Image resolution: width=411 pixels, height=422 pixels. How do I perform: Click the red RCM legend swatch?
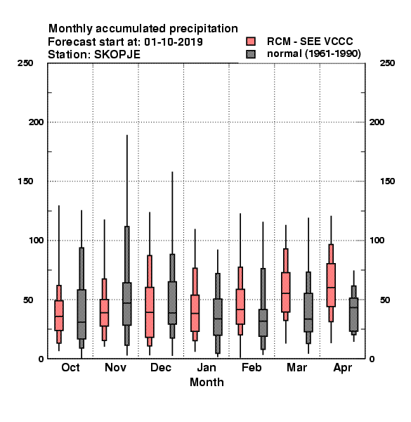click(x=251, y=41)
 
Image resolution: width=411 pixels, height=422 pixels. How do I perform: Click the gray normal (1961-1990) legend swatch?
click(x=251, y=54)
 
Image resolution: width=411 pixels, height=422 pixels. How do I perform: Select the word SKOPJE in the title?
click(x=117, y=55)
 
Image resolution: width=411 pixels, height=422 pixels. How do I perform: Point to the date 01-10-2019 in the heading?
click(x=174, y=42)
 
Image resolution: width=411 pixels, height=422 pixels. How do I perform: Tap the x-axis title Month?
click(x=207, y=382)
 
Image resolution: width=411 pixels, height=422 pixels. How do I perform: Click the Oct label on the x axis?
click(x=70, y=367)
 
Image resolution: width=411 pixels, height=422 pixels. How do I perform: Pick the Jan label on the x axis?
click(x=207, y=367)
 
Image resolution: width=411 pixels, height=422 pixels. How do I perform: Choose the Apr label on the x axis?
click(x=342, y=368)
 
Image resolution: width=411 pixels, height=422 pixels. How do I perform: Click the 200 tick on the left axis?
click(x=36, y=122)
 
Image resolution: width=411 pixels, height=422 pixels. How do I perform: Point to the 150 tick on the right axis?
click(x=387, y=181)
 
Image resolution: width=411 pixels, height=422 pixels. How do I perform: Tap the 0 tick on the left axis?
click(x=41, y=359)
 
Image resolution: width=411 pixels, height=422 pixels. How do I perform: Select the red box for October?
click(x=59, y=315)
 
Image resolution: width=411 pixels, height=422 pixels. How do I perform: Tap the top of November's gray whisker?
click(x=127, y=135)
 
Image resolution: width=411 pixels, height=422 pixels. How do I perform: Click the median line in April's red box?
click(x=331, y=288)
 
